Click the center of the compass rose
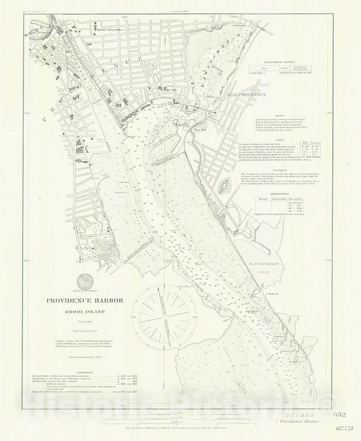[163, 314]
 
